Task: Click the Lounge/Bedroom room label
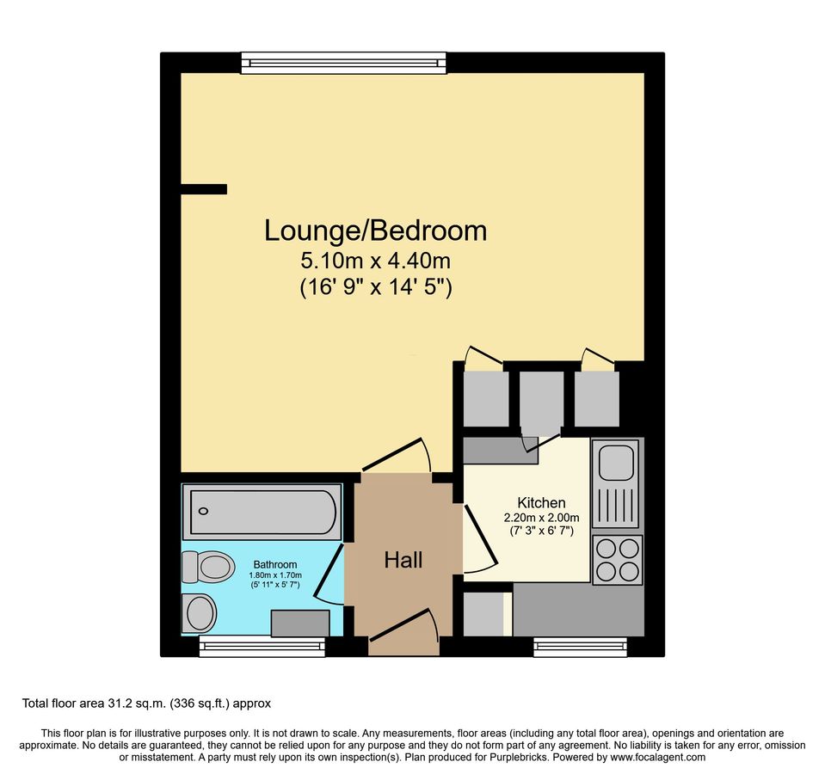pos(375,230)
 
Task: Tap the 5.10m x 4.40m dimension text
pos(375,259)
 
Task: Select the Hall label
pos(403,561)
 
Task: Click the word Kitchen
pos(541,502)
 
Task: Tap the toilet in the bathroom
pos(207,567)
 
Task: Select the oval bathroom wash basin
pos(200,613)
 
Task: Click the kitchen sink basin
pos(616,462)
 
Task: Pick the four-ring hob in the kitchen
pos(617,559)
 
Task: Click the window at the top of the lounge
pos(343,62)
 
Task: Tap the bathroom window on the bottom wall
pos(262,647)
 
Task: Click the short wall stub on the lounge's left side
pos(204,189)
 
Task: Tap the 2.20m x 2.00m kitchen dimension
pos(541,518)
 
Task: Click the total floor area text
pos(146,703)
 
